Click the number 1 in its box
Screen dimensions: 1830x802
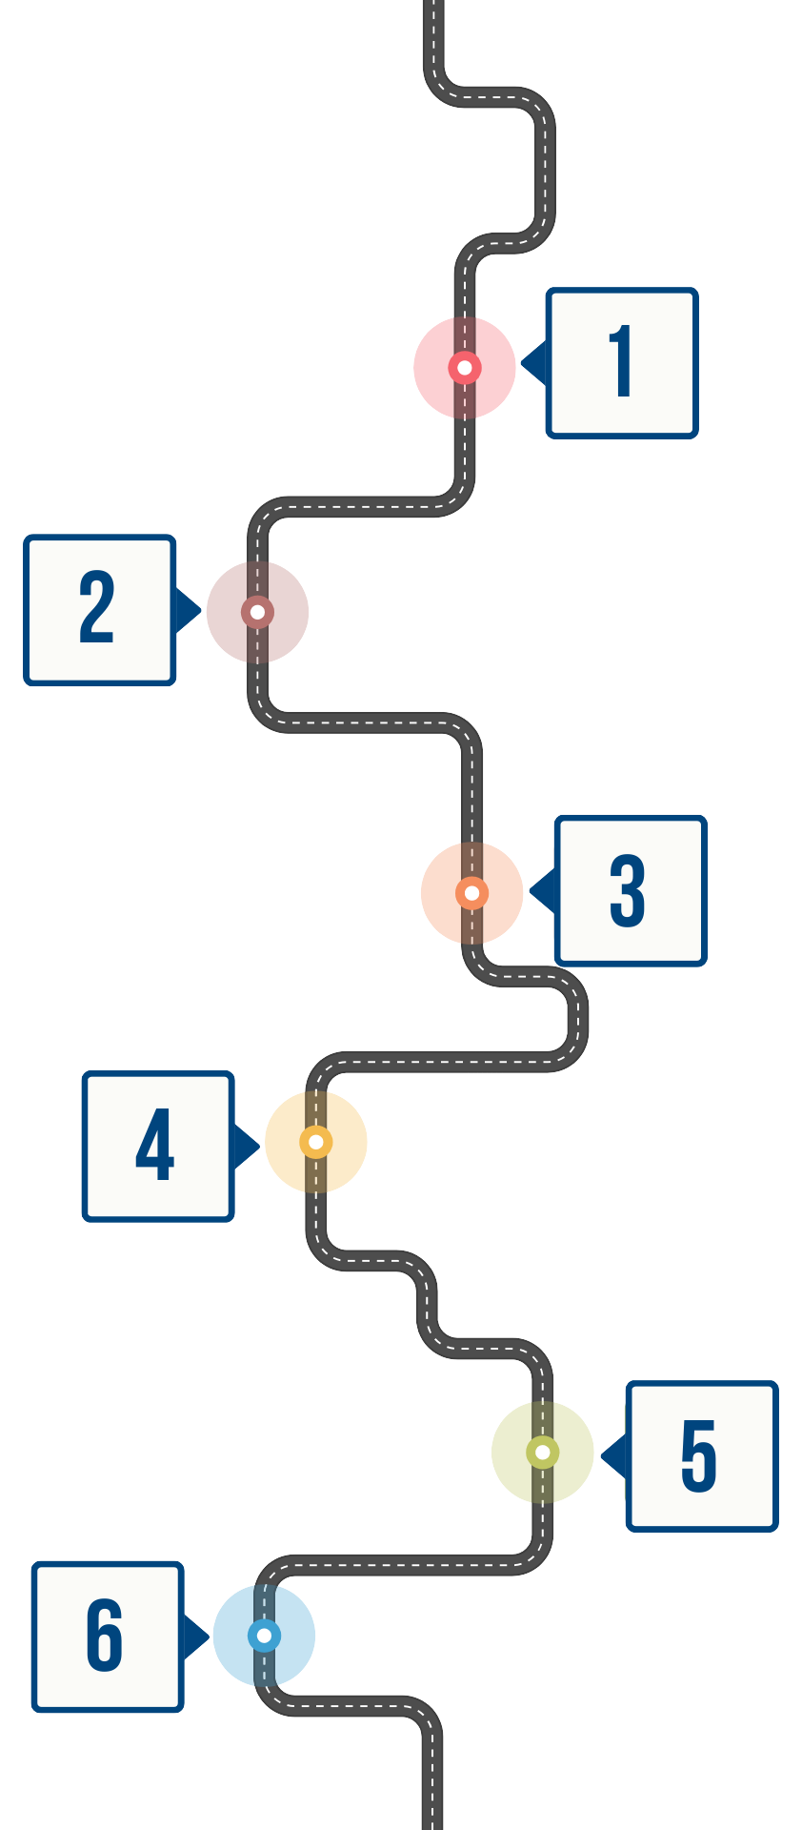[x=622, y=362]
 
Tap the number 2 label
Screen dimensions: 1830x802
[x=96, y=608]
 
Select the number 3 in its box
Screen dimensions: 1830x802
[x=628, y=890]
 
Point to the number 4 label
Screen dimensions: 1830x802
[x=155, y=1145]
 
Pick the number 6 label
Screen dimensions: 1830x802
[x=105, y=1636]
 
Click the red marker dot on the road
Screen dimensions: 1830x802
[x=465, y=367]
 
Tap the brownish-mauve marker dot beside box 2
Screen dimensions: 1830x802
[x=257, y=612]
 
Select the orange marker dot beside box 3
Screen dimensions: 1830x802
[x=471, y=893]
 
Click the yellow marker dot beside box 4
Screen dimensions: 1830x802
[x=316, y=1142]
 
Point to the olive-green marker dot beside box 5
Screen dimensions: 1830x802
[x=543, y=1453]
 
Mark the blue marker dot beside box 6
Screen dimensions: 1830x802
[x=264, y=1637]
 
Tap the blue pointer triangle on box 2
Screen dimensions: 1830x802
[x=188, y=609]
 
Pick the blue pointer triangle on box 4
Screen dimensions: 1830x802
[x=245, y=1146]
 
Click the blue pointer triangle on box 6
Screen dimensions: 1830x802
[x=194, y=1637]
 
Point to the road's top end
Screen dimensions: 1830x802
[x=433, y=6]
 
